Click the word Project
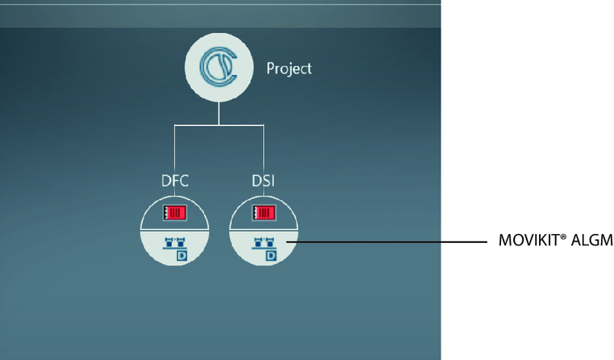pyautogui.click(x=289, y=69)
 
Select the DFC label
pyautogui.click(x=174, y=180)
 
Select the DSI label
pyautogui.click(x=262, y=180)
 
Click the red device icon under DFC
pyautogui.click(x=174, y=213)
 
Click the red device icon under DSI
pyautogui.click(x=264, y=213)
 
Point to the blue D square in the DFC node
pyautogui.click(x=182, y=255)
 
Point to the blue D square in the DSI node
pyautogui.click(x=271, y=255)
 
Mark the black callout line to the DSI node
pyautogui.click(x=387, y=241)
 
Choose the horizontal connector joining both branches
pyautogui.click(x=219, y=124)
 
